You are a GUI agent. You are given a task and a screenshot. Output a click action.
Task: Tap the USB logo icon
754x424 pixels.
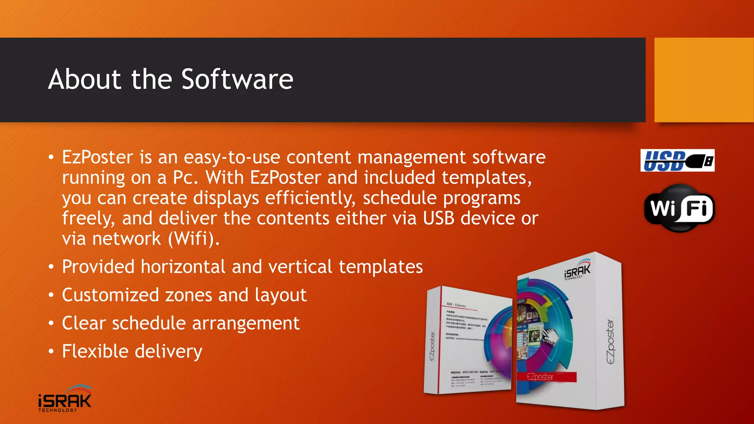(x=677, y=160)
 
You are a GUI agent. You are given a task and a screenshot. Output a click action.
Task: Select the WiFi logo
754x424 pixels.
(x=679, y=208)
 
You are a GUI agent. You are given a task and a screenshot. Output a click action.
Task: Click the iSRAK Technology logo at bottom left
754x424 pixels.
(x=65, y=399)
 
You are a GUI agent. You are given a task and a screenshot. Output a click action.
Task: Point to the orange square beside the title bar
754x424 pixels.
(x=704, y=80)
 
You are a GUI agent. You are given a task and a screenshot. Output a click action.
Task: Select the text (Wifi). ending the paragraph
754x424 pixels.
(x=194, y=239)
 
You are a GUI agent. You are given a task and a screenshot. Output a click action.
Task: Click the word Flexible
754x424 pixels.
(x=95, y=351)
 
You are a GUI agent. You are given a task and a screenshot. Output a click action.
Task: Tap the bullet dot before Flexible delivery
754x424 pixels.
(x=51, y=351)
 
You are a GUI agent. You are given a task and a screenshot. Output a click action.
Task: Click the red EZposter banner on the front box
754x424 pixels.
(x=546, y=377)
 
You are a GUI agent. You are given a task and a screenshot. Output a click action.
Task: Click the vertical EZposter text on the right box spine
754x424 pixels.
(x=610, y=342)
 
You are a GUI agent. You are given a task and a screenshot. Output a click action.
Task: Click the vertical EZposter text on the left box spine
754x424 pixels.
(x=432, y=346)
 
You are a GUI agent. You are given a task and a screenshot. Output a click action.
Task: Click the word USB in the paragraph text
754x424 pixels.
(x=438, y=218)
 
